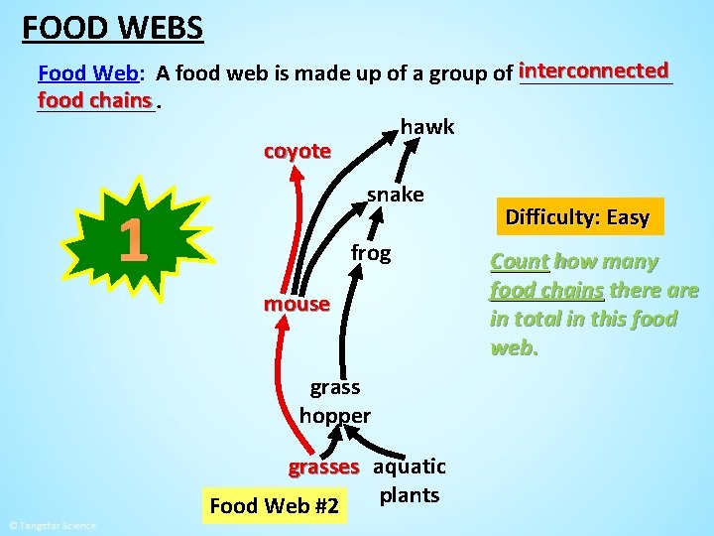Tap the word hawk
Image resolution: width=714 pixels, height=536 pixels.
427,126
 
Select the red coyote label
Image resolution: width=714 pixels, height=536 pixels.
297,151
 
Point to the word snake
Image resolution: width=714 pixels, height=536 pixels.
395,195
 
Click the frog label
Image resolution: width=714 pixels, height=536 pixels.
371,253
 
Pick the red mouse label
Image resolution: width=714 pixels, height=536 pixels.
296,304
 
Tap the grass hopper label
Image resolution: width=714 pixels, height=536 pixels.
334,401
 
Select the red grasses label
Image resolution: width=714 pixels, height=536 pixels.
323,467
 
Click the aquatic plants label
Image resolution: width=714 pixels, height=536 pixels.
410,480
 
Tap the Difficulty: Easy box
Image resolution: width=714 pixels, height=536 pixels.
577,217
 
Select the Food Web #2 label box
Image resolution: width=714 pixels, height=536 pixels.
274,506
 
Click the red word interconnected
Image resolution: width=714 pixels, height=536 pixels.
594,70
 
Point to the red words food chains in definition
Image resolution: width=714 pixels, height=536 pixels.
95,100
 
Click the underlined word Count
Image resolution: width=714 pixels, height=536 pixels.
519,262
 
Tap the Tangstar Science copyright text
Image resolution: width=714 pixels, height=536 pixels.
52,525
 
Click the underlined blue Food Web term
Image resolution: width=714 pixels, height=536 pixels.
88,72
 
